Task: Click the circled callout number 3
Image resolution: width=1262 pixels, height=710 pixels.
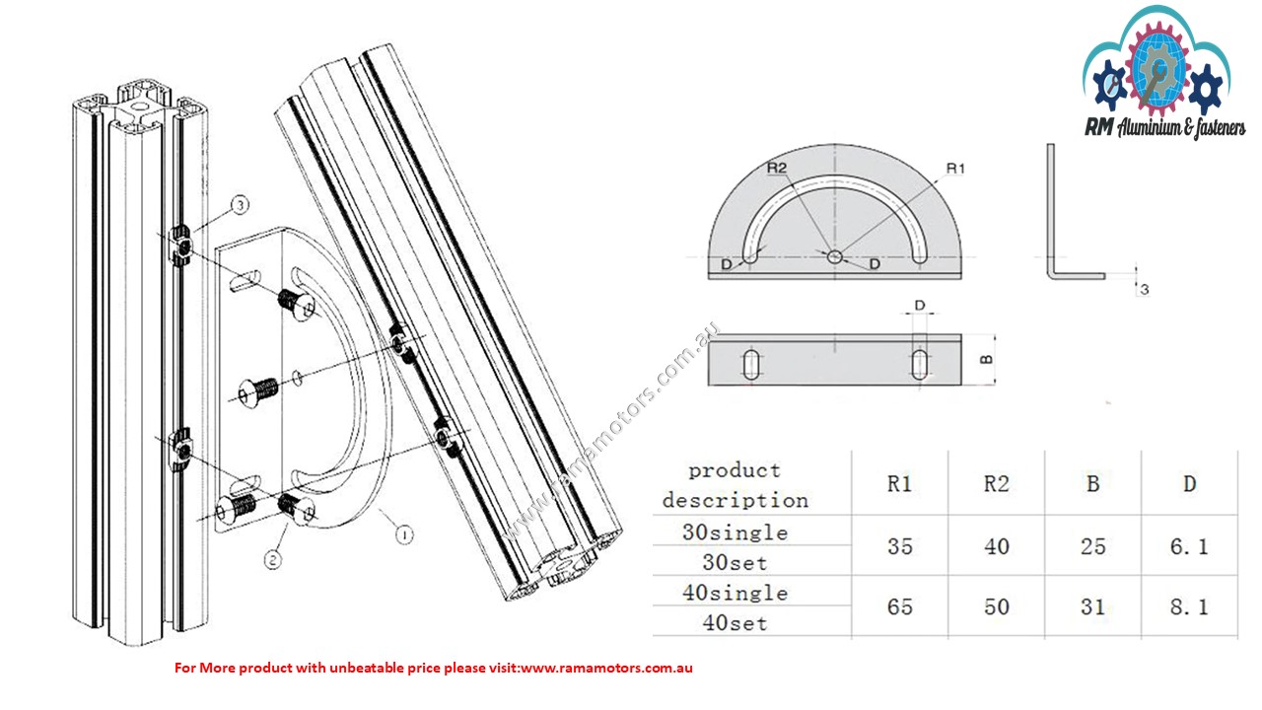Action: click(242, 205)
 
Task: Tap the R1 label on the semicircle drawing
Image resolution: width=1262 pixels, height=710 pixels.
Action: click(954, 169)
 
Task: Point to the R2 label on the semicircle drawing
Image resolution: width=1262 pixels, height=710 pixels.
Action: click(779, 169)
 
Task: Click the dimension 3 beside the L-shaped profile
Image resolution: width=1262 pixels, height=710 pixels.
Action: click(1144, 289)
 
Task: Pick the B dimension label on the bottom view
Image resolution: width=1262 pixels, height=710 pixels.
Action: click(984, 359)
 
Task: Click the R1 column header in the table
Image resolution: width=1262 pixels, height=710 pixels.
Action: click(899, 484)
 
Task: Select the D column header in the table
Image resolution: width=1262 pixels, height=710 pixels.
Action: click(1189, 484)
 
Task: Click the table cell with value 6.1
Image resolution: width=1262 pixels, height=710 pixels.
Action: click(1189, 546)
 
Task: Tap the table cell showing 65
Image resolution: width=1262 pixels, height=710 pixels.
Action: click(899, 607)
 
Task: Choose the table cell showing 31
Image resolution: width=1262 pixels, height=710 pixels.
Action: click(1092, 607)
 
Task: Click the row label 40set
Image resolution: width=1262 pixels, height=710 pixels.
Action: click(735, 623)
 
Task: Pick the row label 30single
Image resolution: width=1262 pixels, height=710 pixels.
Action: click(735, 532)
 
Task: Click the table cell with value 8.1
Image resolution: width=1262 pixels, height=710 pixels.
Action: click(1189, 607)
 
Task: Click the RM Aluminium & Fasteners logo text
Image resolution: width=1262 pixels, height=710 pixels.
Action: click(1164, 127)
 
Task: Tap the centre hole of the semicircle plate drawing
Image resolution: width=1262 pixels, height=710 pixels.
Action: click(835, 256)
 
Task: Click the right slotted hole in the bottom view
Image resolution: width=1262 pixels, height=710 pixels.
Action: click(920, 362)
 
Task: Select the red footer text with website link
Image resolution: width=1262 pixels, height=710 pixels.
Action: click(434, 668)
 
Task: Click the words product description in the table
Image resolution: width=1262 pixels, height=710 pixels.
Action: click(735, 484)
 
